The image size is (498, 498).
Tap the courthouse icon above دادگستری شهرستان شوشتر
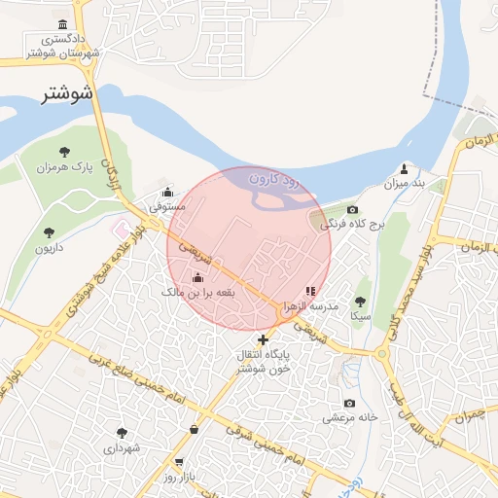[63, 24]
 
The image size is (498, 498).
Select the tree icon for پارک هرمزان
[64, 151]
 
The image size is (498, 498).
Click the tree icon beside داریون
[49, 231]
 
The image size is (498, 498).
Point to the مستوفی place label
[166, 206]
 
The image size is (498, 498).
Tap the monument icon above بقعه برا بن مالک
[197, 278]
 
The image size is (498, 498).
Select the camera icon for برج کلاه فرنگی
[352, 210]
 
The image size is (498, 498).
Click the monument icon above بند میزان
[404, 169]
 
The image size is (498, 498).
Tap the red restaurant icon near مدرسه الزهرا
[310, 290]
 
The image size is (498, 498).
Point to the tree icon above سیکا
[361, 302]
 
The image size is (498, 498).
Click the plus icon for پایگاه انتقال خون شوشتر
[263, 339]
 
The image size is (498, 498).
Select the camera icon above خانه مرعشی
[350, 403]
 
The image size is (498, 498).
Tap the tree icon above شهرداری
[122, 433]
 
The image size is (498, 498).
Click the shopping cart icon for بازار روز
[179, 462]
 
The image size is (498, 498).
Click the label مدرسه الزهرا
[309, 305]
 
